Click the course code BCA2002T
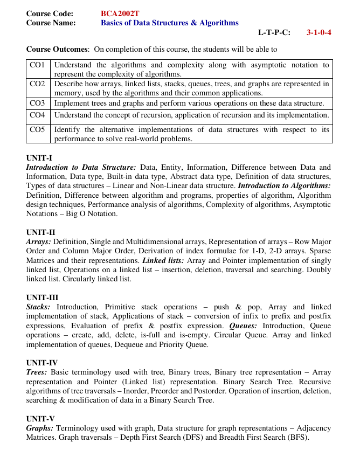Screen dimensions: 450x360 tap(121, 13)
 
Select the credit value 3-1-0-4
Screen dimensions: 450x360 tap(319, 32)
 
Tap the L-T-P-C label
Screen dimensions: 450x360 tap(274, 32)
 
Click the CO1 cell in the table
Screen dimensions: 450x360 tap(37, 65)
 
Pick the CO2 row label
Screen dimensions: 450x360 tap(37, 84)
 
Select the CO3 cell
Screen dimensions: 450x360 tap(37, 103)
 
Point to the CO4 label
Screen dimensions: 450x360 tap(37, 115)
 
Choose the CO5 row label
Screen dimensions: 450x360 tap(37, 130)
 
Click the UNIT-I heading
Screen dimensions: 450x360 tap(39, 158)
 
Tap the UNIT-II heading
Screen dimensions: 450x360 tap(40, 233)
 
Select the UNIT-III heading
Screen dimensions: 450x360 tap(42, 297)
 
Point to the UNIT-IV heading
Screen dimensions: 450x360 tap(41, 363)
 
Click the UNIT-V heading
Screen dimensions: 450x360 tap(40, 419)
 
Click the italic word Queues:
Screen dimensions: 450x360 tap(243, 326)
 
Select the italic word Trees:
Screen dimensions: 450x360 tap(36, 372)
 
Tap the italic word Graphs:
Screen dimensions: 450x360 tap(39, 428)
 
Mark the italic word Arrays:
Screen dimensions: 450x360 tap(38, 242)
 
